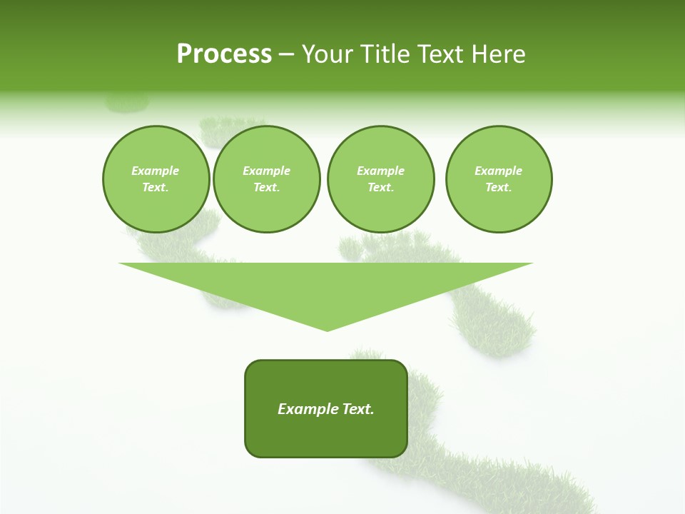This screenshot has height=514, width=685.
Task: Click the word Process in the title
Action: [x=224, y=54]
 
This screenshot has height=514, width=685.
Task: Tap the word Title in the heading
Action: [x=384, y=54]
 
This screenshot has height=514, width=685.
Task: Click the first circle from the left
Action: [x=156, y=179]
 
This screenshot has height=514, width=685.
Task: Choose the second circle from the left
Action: [x=266, y=179]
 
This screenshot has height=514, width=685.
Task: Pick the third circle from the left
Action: [x=380, y=179]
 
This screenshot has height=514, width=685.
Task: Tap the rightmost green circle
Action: [x=499, y=179]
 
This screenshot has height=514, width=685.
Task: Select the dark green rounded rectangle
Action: [x=326, y=435]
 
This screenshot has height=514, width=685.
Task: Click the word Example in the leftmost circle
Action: [x=156, y=171]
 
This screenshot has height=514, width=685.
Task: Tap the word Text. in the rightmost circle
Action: [x=499, y=188]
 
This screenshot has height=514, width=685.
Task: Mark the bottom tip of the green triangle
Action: [x=327, y=329]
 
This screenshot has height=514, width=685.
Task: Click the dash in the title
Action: [x=286, y=54]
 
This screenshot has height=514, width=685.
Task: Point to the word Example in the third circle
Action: [x=380, y=171]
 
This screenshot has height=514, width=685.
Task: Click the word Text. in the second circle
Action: [x=266, y=188]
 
